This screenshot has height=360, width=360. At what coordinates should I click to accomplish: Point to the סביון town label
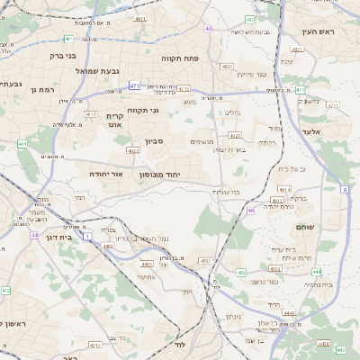click(154, 141)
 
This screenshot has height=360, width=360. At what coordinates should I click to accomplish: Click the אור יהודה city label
click(112, 173)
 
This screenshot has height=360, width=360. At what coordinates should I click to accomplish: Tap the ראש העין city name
click(319, 31)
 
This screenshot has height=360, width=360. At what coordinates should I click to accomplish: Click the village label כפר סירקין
click(253, 73)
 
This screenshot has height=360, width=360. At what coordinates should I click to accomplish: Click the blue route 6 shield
click(345, 189)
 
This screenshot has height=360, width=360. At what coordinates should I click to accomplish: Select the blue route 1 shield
click(86, 237)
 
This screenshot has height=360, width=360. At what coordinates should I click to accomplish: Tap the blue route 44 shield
click(34, 235)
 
